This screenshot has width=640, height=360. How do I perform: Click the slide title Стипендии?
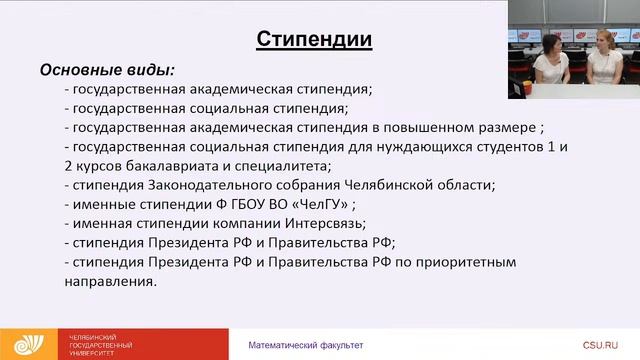click(x=314, y=39)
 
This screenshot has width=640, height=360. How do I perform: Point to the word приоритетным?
click(x=469, y=262)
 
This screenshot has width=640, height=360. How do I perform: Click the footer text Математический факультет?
click(x=306, y=345)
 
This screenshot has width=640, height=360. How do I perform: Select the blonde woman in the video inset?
click(x=602, y=60)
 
